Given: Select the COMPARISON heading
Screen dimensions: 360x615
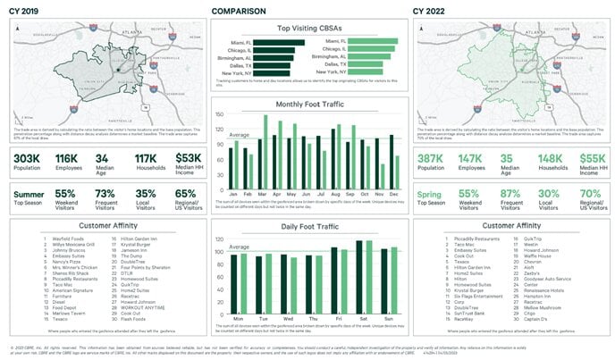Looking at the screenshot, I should point(239,12).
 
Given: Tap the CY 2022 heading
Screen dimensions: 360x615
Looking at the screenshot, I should point(429,12).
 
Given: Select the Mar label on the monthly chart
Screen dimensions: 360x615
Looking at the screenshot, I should point(262,193).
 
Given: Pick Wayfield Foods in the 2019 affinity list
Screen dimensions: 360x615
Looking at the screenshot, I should point(67,239).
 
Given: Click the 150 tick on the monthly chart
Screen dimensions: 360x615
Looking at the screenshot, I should point(221,114).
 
